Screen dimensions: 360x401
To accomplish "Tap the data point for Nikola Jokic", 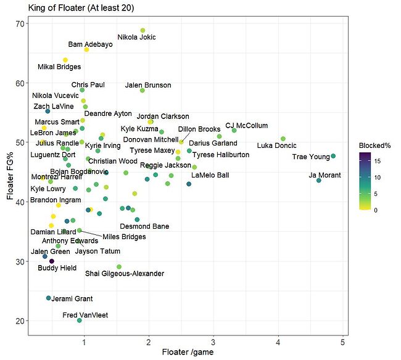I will coord(143,30).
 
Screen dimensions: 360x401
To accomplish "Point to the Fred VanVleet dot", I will coord(79,321).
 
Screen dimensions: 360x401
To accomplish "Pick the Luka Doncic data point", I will coord(283,139).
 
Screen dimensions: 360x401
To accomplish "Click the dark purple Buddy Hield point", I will coord(52,261).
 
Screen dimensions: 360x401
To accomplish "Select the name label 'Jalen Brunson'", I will coord(148,85).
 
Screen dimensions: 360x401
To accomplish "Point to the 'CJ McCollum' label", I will coord(247,126).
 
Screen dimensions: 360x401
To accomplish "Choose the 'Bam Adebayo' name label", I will coord(91,44).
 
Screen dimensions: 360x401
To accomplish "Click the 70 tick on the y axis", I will coord(20,23).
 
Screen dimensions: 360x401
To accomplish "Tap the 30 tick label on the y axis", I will coord(20,261).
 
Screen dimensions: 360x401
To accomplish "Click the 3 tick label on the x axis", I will coord(213,343).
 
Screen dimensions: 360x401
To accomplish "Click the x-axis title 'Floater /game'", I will coord(185,353).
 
